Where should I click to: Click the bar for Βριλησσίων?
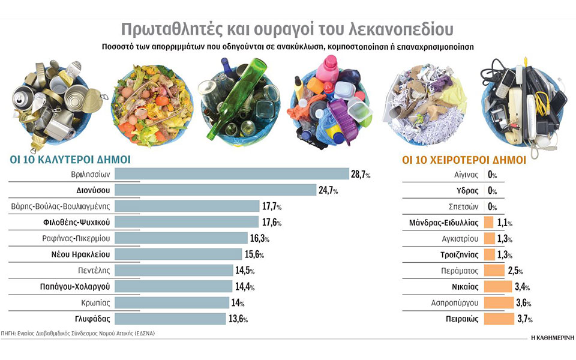232,174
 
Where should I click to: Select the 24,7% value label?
328,191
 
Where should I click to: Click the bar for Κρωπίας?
172,302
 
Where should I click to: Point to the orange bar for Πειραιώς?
498,319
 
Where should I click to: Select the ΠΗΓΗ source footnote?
78,332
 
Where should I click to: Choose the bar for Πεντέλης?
173,270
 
